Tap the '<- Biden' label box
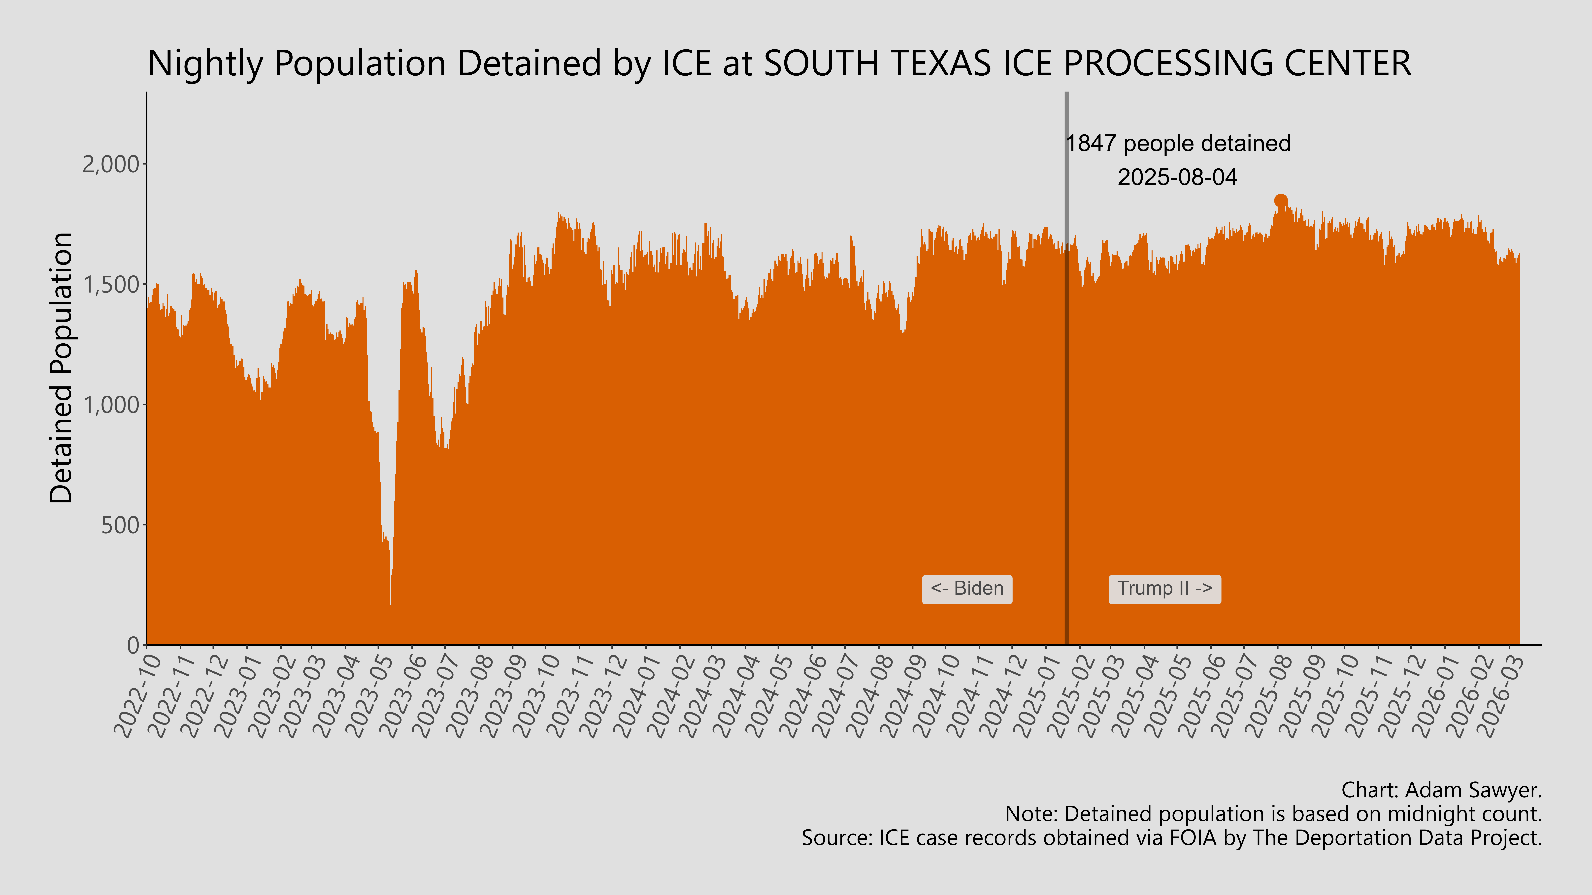pos(967,589)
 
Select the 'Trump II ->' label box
pos(1164,589)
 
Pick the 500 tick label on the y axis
pos(121,525)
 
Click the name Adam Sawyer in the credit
pos(1471,790)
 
